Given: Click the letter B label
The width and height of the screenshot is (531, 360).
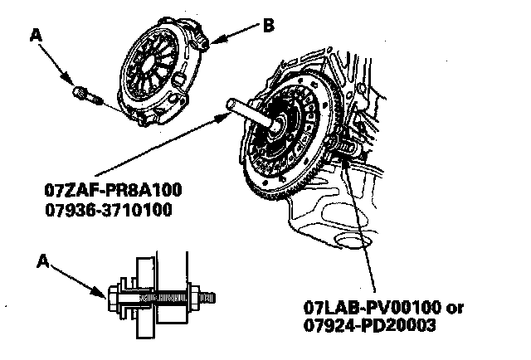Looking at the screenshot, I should coord(268,25).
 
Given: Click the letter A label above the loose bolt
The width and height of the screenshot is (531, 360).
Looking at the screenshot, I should coord(36,35).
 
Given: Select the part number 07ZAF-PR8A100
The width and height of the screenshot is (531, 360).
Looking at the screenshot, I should coord(114,192).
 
